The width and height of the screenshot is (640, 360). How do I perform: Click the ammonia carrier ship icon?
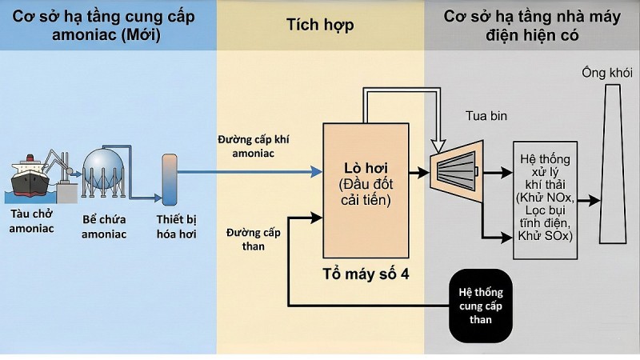point(33,177)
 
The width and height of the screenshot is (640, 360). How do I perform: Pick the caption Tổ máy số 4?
point(365,274)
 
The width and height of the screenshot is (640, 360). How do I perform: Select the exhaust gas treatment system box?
point(545,199)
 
